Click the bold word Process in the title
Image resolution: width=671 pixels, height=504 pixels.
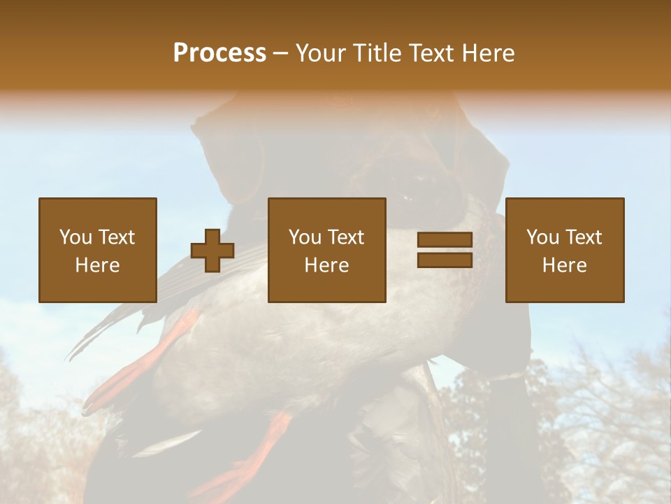coord(219,53)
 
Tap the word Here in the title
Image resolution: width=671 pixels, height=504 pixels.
coord(488,53)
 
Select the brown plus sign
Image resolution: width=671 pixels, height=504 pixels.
coord(212,251)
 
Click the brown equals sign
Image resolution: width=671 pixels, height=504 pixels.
coord(445,250)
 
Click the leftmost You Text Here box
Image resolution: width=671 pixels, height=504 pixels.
coord(98,250)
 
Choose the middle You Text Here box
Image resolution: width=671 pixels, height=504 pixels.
coord(327,250)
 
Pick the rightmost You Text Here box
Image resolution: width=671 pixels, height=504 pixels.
coord(565,250)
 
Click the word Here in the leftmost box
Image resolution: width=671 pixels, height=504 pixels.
coord(98,265)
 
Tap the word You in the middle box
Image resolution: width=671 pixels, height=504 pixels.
coord(305,237)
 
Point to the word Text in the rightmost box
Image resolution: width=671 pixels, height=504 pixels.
coord(583,237)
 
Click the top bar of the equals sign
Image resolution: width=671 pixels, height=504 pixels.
coord(445,239)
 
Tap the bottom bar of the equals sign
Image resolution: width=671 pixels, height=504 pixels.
coord(445,260)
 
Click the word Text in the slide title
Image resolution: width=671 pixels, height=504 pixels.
coord(432,53)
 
